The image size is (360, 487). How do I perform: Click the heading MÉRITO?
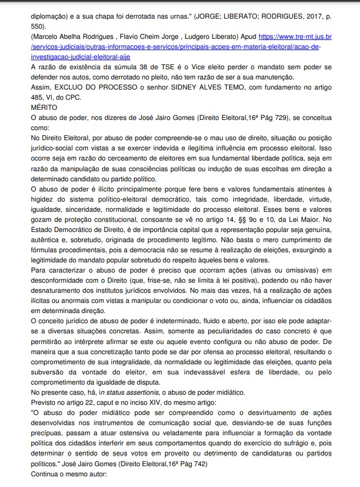pos(46,106)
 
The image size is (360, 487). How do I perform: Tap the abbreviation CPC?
pos(73,96)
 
